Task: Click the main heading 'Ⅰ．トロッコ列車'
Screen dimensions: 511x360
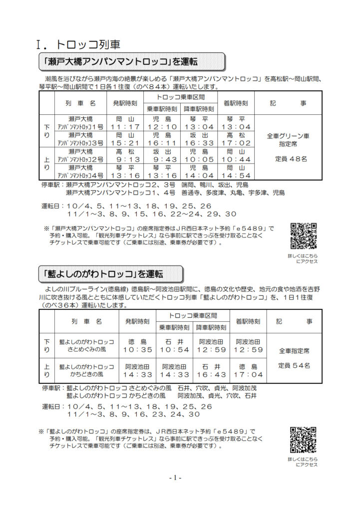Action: pyautogui.click(x=79, y=44)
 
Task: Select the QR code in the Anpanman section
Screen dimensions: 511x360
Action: pyautogui.click(x=304, y=236)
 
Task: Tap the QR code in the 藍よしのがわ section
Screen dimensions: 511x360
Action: pyautogui.click(x=304, y=439)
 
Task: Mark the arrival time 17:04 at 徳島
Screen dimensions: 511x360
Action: pyautogui.click(x=247, y=374)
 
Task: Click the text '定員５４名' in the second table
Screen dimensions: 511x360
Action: pyautogui.click(x=294, y=365)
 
